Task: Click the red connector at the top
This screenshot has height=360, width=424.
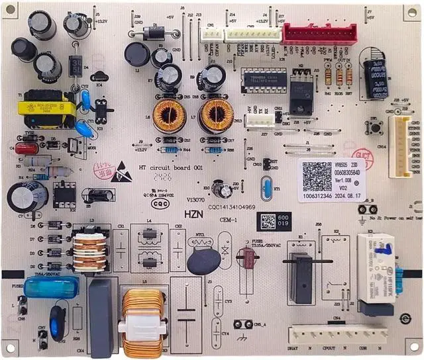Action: (x=319, y=33)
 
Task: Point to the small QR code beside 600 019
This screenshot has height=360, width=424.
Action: (x=267, y=221)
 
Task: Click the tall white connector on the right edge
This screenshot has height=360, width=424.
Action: (x=401, y=146)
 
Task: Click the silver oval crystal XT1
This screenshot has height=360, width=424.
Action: (x=266, y=189)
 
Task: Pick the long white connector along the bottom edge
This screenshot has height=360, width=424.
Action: (x=338, y=334)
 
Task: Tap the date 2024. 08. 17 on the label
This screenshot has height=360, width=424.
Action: (x=339, y=197)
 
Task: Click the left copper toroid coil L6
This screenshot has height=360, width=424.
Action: (x=168, y=116)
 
